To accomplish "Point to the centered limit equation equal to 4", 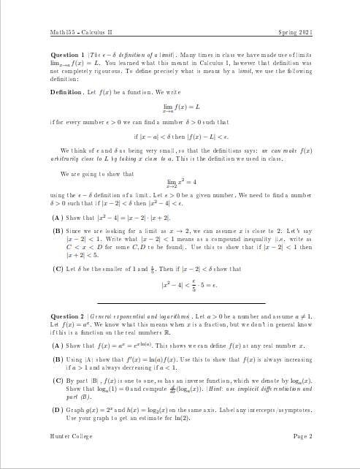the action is (x=180, y=182).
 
